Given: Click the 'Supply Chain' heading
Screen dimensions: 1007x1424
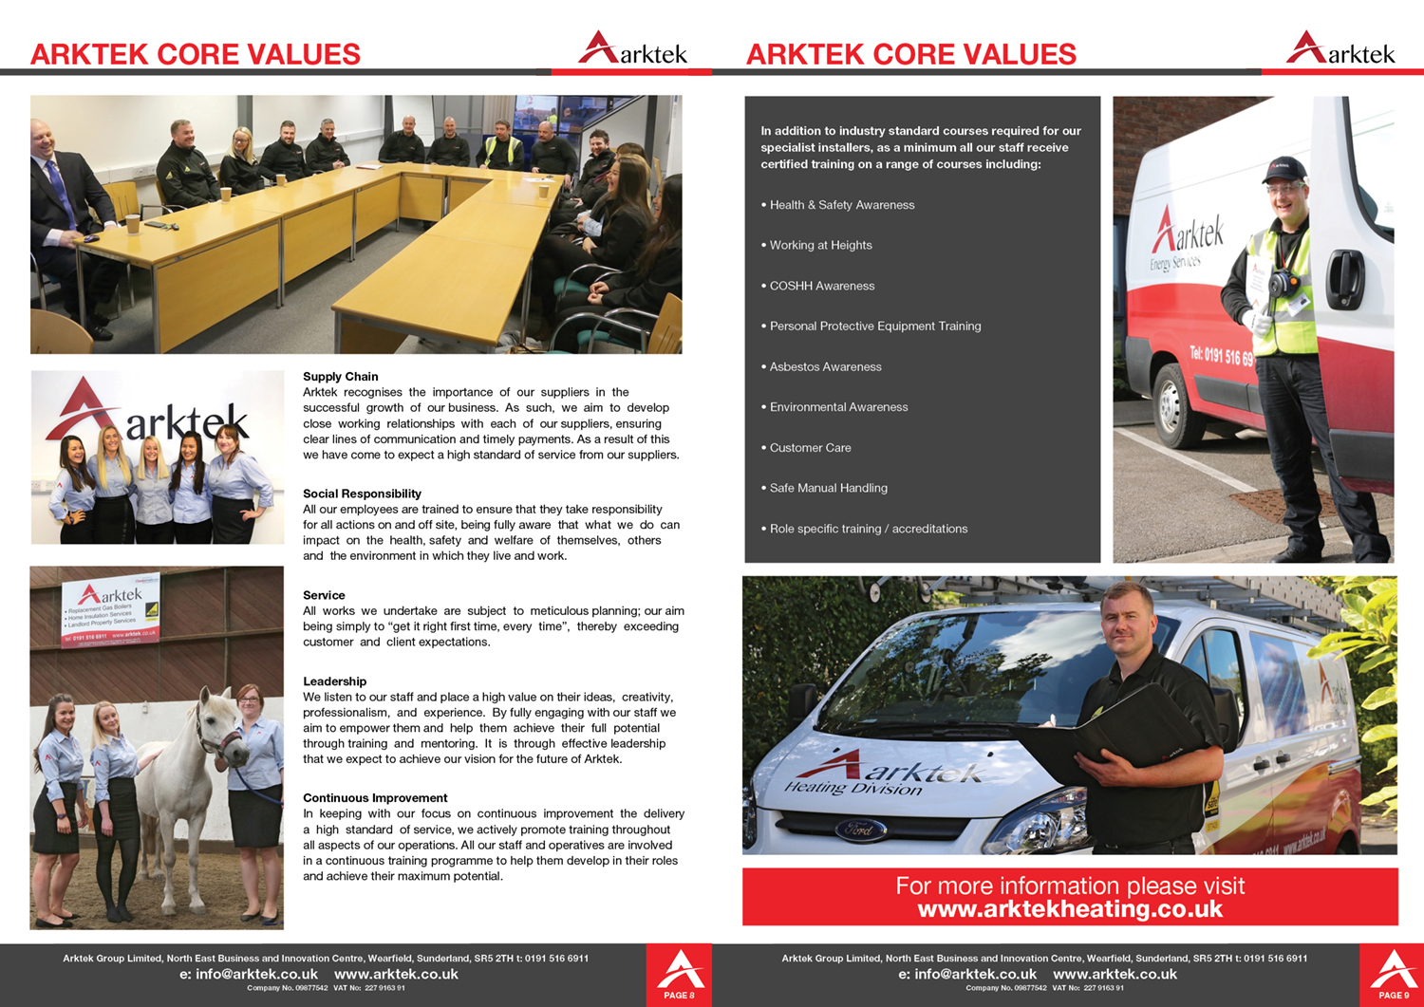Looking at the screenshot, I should [340, 377].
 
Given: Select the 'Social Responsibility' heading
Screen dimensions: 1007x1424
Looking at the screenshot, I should [362, 494].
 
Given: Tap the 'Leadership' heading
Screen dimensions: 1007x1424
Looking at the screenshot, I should [334, 681].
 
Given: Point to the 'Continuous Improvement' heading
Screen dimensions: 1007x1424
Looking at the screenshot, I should [375, 798].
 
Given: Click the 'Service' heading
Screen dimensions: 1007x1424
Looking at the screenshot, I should [324, 595].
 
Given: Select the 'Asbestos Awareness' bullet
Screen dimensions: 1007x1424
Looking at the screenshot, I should [825, 367].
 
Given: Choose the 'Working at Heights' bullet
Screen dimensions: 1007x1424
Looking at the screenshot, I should [820, 246].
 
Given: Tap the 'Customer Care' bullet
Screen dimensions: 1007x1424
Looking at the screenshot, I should [810, 448].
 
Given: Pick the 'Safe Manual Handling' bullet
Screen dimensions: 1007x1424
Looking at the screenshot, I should [828, 489].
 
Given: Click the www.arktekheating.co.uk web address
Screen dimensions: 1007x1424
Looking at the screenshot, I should [1070, 909].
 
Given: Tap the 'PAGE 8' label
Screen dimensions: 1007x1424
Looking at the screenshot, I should [679, 996].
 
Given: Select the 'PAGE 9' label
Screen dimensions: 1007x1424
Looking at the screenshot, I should [1394, 996].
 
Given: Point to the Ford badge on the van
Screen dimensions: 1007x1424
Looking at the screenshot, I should [860, 830].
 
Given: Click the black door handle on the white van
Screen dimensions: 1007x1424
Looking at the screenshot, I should [1344, 275].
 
